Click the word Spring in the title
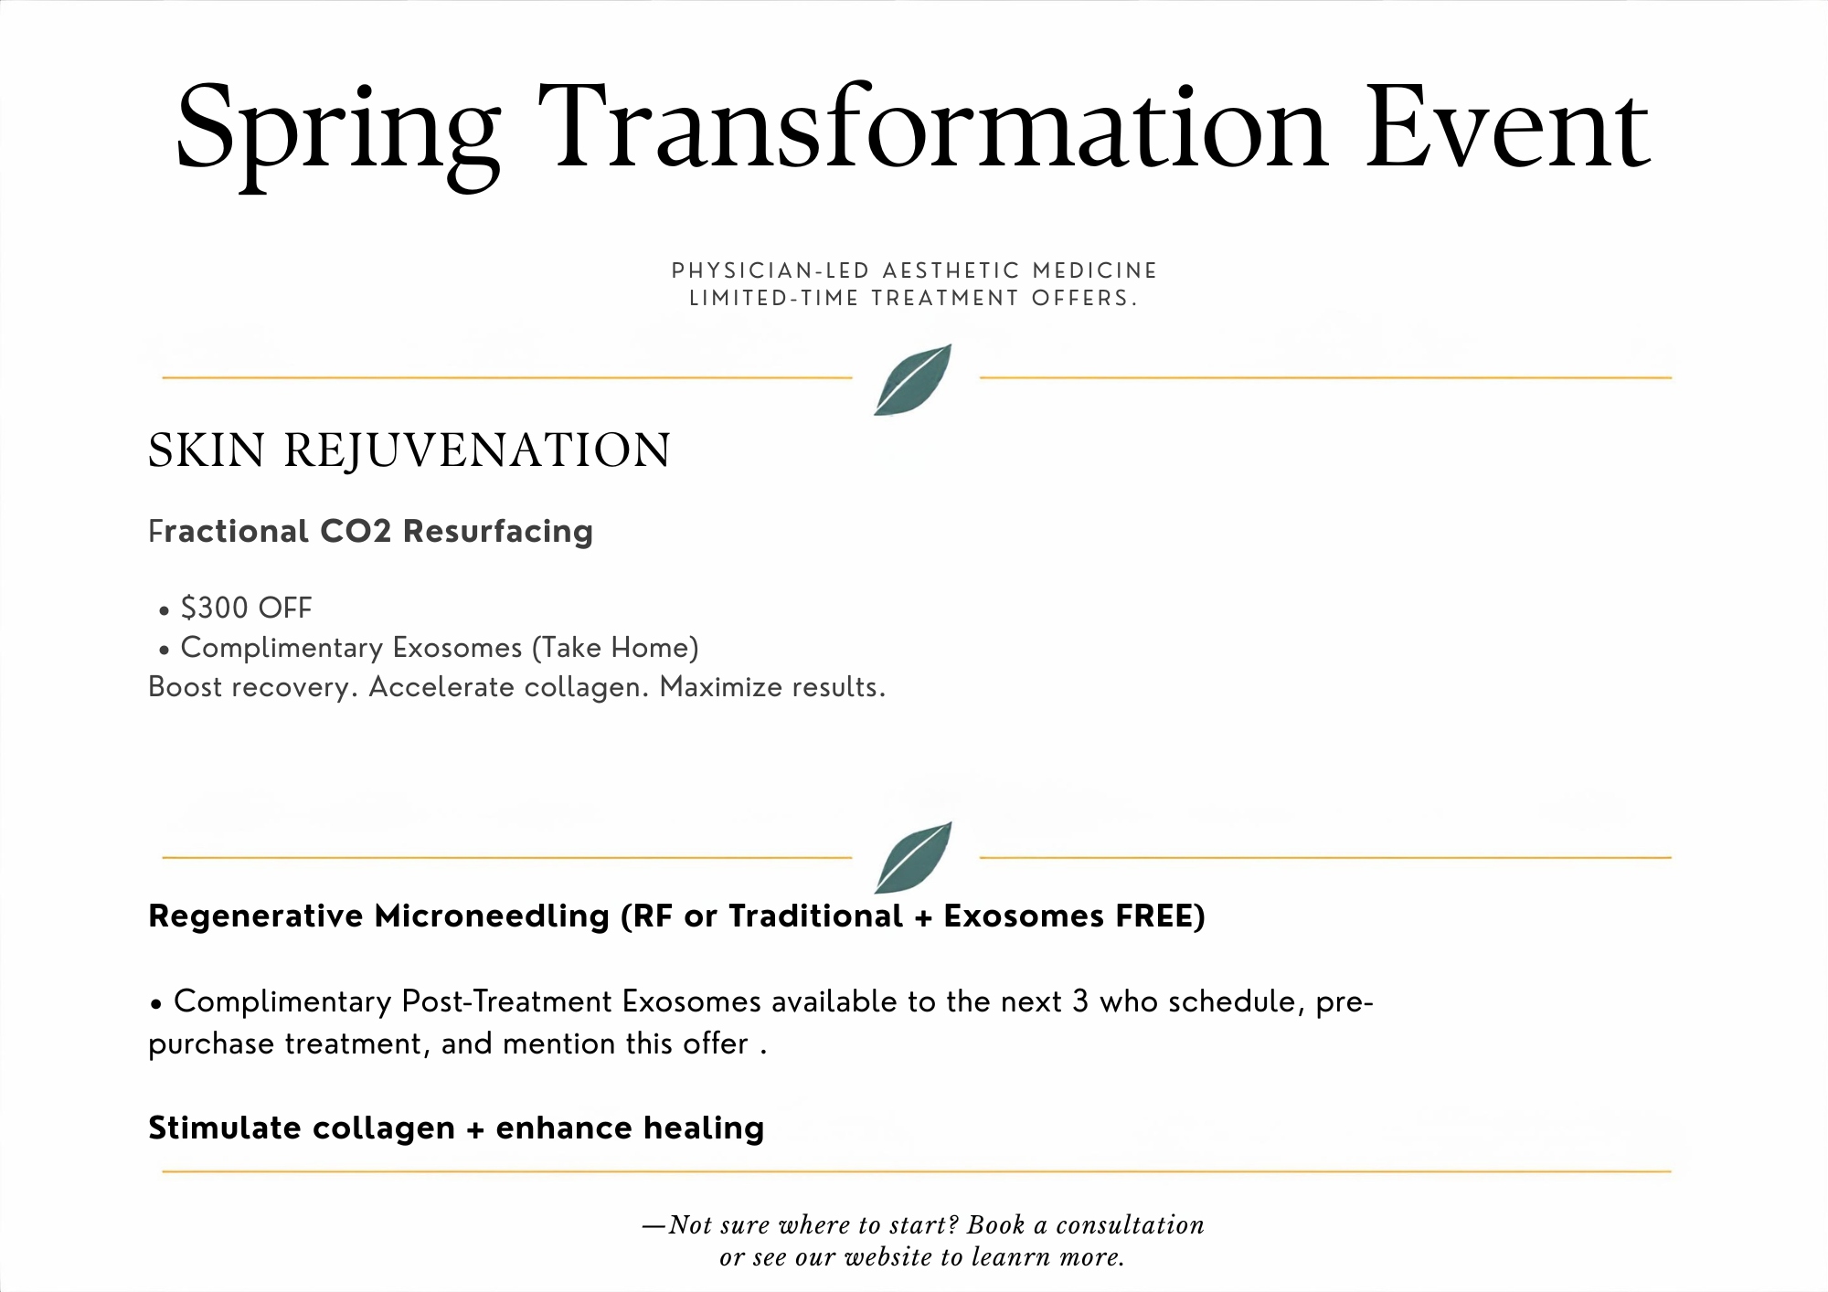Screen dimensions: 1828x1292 [x=338, y=132]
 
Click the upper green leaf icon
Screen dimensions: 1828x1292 [x=913, y=379]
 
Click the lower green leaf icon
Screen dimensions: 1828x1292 [x=913, y=857]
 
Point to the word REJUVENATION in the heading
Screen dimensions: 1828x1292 [x=477, y=450]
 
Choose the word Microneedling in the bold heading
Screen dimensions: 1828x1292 [x=492, y=916]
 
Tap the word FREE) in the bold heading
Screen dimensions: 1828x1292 [x=1161, y=916]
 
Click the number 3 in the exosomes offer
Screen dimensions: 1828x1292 [x=1080, y=1001]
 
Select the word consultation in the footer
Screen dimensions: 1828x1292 [x=1131, y=1224]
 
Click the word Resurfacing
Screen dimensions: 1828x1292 [x=498, y=532]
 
